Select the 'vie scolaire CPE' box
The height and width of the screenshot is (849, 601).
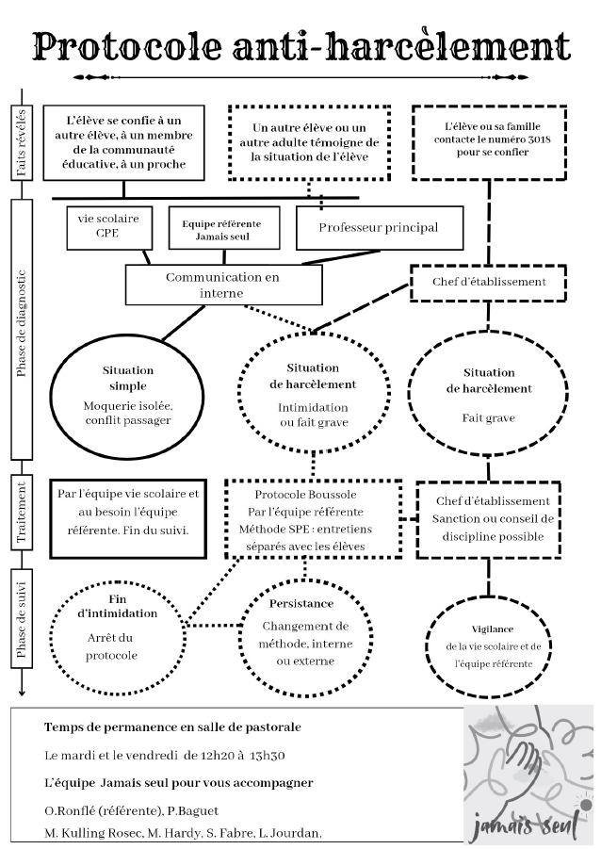tap(110, 226)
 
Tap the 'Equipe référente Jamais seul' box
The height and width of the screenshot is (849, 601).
tap(221, 229)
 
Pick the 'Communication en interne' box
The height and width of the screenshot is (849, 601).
tap(222, 285)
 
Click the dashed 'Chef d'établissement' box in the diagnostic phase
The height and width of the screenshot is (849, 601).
tap(489, 282)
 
